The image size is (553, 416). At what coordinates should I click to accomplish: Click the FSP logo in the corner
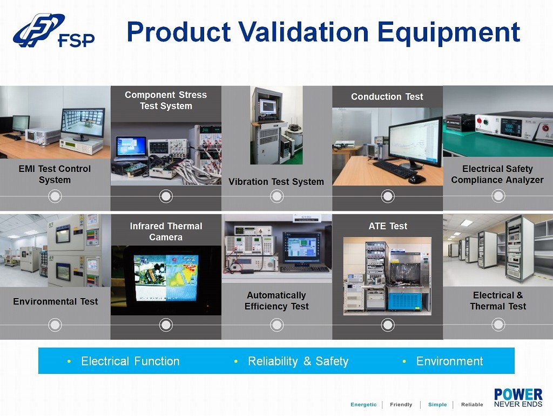[x=53, y=30]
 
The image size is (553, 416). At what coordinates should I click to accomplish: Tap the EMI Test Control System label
[x=55, y=174]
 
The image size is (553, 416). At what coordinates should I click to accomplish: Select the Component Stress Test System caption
[x=166, y=100]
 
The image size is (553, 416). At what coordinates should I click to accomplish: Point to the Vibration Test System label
[x=276, y=182]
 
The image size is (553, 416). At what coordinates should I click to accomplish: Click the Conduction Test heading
[x=387, y=96]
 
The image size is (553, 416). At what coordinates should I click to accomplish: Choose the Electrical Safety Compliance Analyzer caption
[x=497, y=174]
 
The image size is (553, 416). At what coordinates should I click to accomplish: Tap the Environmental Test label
[x=56, y=301]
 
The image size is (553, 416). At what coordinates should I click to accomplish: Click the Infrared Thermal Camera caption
[x=166, y=232]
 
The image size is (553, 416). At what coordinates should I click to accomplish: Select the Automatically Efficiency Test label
[x=276, y=301]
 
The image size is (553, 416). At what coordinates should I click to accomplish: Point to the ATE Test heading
[x=388, y=226]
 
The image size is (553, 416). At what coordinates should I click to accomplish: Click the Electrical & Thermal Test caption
[x=498, y=301]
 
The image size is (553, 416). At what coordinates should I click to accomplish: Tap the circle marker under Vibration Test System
[x=277, y=196]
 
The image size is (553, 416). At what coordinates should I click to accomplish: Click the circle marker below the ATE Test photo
[x=388, y=325]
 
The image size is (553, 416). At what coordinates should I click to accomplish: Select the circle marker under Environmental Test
[x=55, y=325]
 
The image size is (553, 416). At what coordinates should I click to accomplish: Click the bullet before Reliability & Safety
[x=236, y=361]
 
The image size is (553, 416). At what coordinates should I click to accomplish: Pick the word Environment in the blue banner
[x=449, y=361]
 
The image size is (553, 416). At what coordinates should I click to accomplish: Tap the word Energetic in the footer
[x=363, y=404]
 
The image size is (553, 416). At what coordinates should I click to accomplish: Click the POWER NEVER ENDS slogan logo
[x=518, y=398]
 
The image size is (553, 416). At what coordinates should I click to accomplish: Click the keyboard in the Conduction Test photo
[x=395, y=169]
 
